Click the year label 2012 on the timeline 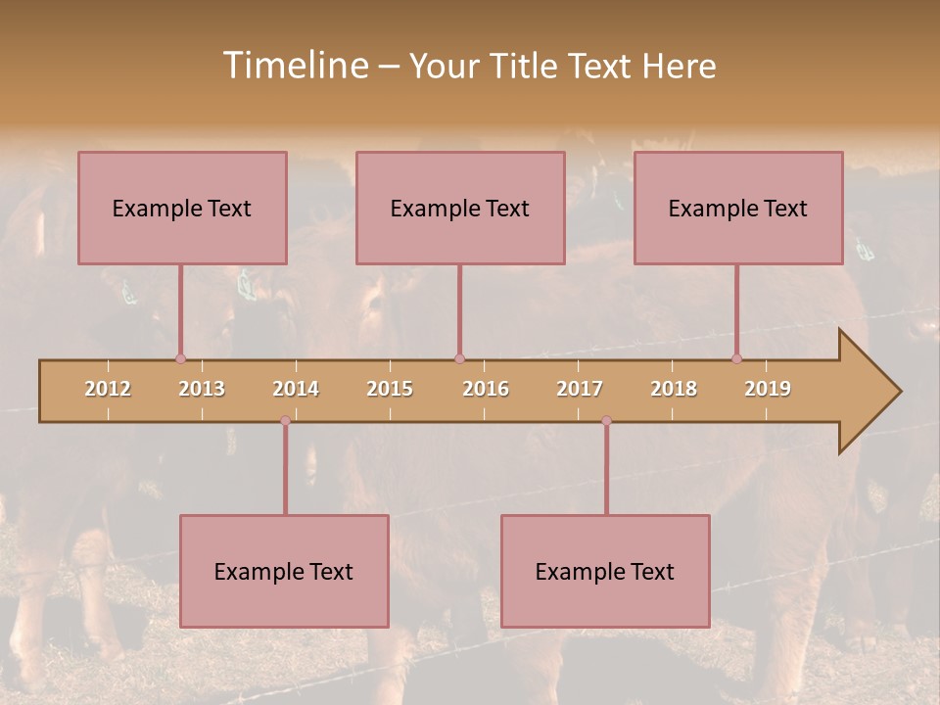click(108, 389)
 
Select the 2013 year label click(202, 389)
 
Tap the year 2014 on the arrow click(296, 389)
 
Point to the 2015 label click(390, 389)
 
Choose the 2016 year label click(486, 389)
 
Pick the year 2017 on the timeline click(580, 389)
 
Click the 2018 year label click(674, 389)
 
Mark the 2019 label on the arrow click(768, 389)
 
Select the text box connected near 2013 click(182, 208)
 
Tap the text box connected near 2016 click(460, 208)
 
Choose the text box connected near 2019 click(738, 208)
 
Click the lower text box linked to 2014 click(284, 571)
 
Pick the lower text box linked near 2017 click(605, 571)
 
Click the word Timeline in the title click(293, 66)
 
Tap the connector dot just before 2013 click(180, 358)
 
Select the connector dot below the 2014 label click(285, 421)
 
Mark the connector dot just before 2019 click(736, 358)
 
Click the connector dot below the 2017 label click(606, 421)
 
